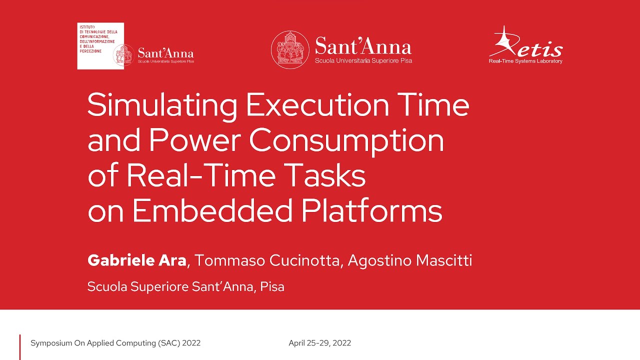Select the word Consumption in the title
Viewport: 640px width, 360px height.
(346, 141)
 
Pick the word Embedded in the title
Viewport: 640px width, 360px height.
(212, 210)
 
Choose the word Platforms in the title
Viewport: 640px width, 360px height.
(372, 210)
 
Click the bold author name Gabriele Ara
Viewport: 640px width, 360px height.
(136, 260)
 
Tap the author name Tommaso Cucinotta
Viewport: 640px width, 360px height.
(267, 260)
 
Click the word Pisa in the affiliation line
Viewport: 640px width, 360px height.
(272, 287)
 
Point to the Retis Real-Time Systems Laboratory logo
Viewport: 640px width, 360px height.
(525, 46)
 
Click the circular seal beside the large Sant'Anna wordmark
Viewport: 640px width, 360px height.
(290, 49)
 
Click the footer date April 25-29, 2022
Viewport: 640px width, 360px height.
(319, 343)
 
